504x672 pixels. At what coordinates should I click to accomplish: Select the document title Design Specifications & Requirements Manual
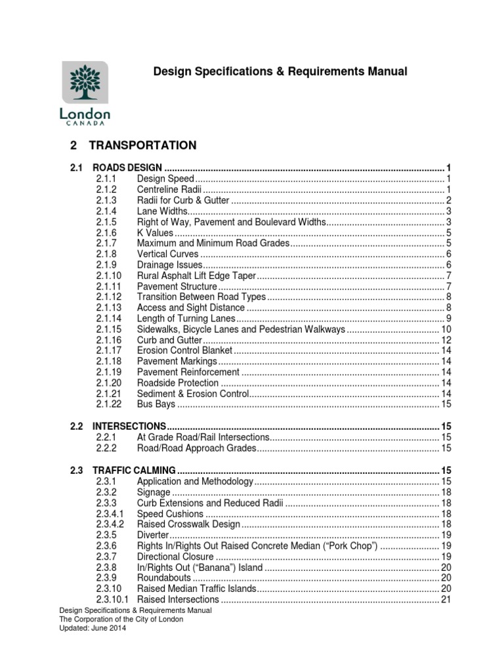click(x=280, y=71)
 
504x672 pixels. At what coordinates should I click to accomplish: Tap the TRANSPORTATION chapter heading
click(x=142, y=145)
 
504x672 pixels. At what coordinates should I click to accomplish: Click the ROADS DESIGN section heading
click(x=127, y=167)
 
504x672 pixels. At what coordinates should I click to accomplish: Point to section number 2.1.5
click(x=106, y=222)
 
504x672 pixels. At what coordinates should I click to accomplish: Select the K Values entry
click(x=155, y=233)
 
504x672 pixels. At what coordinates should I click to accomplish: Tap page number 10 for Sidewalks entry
click(x=445, y=329)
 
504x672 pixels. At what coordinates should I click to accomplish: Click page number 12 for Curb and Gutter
click(x=445, y=341)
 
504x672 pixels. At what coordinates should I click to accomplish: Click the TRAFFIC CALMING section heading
click(x=134, y=471)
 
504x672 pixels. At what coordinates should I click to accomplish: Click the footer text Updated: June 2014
click(x=93, y=628)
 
